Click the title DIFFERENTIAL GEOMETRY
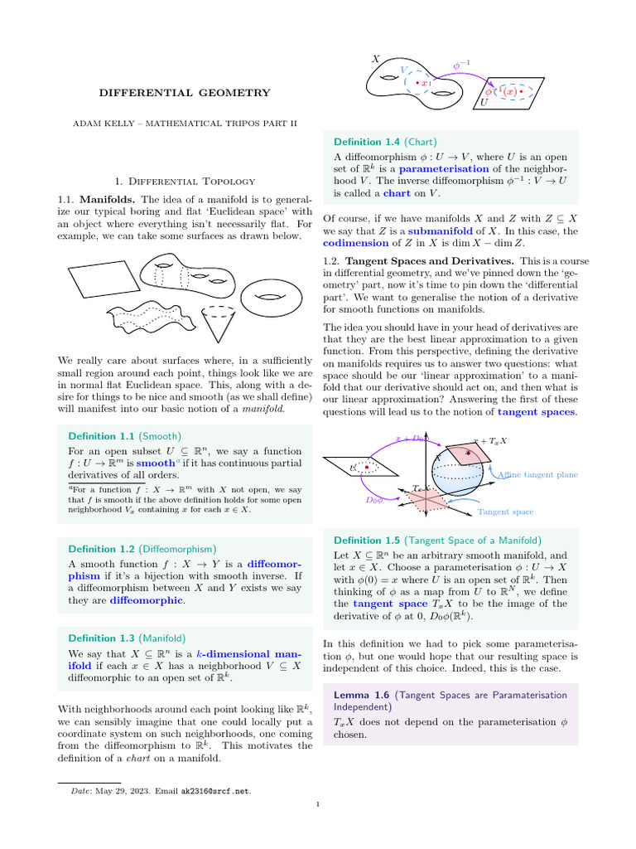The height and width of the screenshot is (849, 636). tap(185, 93)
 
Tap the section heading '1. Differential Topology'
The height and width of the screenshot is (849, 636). tap(185, 181)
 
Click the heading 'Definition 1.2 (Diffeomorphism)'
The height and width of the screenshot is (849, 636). tap(142, 549)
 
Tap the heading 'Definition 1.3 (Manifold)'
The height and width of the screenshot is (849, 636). tap(127, 638)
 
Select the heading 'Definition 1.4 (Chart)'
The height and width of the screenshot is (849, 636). tap(384, 141)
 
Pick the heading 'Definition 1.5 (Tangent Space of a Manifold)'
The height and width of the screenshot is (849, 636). tap(436, 540)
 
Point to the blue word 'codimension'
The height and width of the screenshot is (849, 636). tap(355, 243)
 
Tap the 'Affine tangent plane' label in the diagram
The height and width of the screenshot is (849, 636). tap(537, 475)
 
